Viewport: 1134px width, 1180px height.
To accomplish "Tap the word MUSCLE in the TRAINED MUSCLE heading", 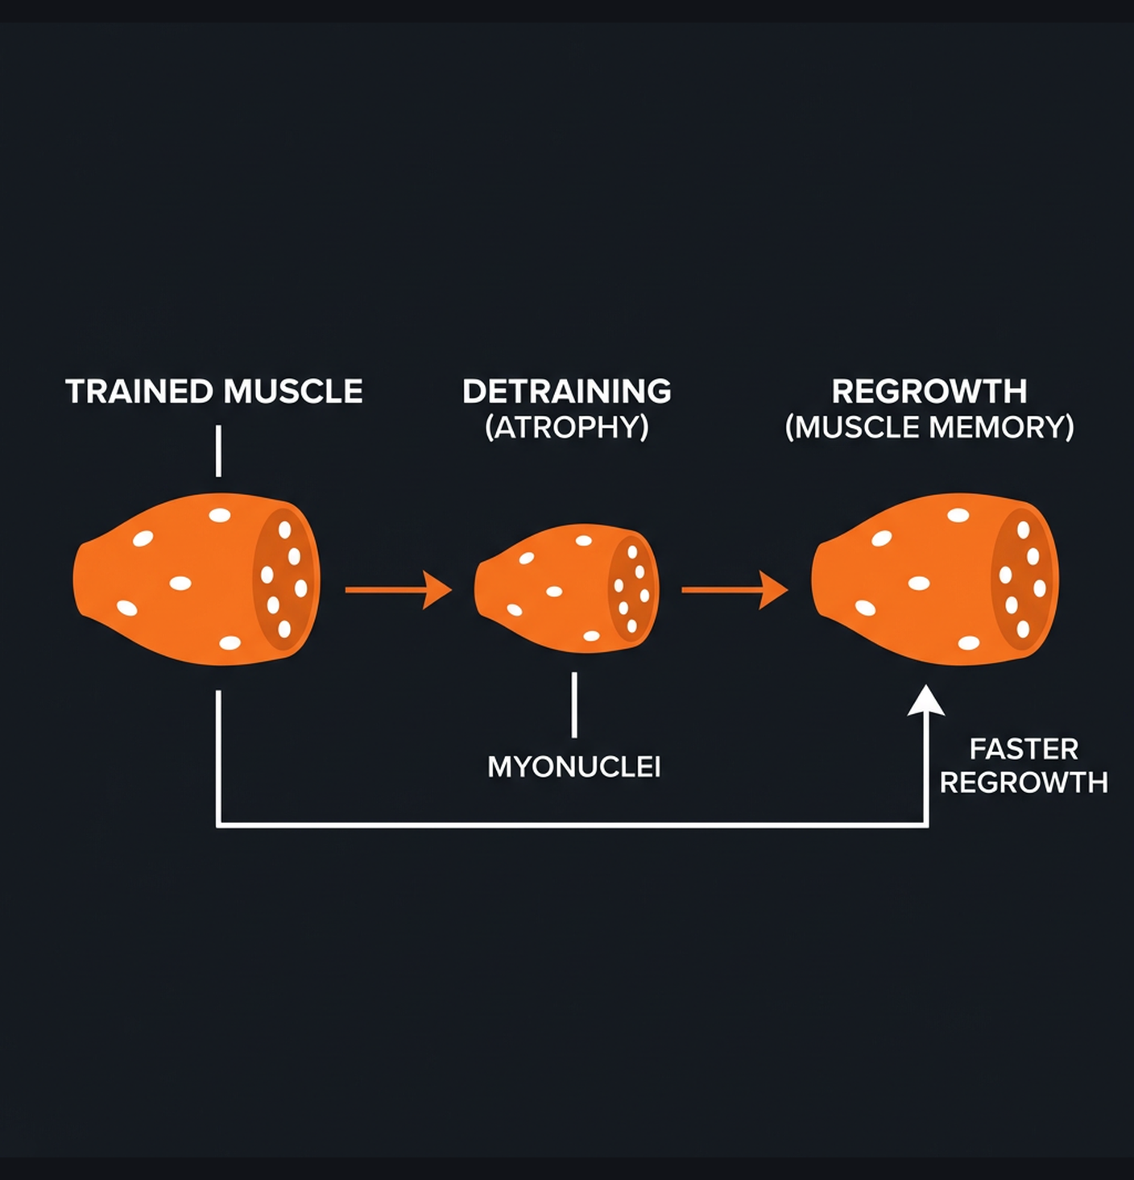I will point(293,392).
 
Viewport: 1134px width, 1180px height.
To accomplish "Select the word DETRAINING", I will point(566,392).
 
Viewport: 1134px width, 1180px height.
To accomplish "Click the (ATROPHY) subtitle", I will point(566,427).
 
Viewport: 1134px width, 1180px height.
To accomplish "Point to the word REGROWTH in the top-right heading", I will point(929,392).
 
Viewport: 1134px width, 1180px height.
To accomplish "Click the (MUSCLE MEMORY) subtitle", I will point(929,427).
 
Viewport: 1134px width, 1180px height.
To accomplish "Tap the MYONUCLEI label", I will point(573,767).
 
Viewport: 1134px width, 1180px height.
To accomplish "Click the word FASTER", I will point(1023,750).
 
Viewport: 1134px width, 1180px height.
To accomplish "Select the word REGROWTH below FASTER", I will point(1023,783).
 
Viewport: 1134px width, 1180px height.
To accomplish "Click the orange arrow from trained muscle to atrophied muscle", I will point(398,590).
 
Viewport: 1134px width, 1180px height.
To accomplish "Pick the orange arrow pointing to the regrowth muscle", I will point(734,590).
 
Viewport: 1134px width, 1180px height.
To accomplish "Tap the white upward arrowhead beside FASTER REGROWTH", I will point(926,701).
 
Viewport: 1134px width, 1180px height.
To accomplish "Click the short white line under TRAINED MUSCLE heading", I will point(218,451).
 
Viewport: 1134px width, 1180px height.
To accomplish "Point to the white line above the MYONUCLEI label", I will point(573,705).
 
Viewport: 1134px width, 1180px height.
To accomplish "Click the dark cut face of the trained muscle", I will point(283,579).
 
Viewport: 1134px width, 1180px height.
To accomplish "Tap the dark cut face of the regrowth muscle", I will point(1022,579).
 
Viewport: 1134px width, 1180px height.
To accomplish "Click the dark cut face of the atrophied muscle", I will point(631,588).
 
